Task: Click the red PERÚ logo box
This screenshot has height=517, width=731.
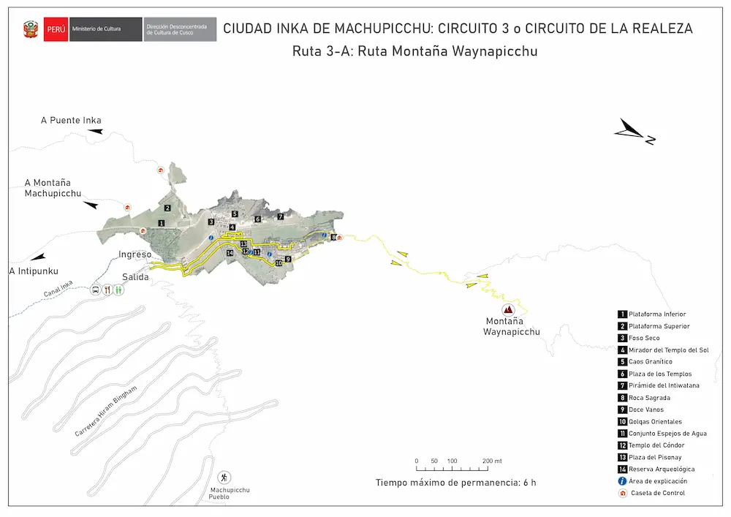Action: (56, 30)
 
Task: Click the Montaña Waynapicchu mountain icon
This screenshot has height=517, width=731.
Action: (507, 310)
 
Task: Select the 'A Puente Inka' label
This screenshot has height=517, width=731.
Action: (71, 121)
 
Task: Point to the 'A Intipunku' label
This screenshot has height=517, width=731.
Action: (34, 271)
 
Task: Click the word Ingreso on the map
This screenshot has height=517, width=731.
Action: (135, 254)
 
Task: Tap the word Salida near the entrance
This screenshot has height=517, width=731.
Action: (135, 277)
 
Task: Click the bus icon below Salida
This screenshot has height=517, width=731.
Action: (95, 290)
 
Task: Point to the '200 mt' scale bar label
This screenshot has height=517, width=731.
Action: (492, 461)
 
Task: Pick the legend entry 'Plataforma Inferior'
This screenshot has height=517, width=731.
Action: (657, 314)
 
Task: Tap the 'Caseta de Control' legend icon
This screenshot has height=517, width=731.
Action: (623, 493)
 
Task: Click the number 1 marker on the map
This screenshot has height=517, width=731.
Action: (161, 222)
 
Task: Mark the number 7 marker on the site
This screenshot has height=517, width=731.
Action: (280, 216)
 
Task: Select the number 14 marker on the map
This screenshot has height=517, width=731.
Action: (230, 253)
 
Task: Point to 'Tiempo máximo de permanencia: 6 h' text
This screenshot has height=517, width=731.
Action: (455, 483)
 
